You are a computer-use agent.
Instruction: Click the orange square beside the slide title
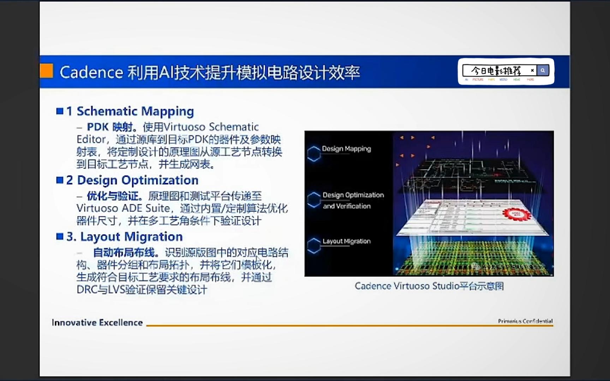46,71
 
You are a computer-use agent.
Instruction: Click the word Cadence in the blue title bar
91,73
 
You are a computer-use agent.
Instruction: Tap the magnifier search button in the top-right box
543,71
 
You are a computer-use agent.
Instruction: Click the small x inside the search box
532,71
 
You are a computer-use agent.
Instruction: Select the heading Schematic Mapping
135,111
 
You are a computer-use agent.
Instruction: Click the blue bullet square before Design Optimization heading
60,180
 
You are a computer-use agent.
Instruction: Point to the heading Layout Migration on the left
131,236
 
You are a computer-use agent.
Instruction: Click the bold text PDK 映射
110,127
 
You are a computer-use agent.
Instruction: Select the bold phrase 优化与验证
114,196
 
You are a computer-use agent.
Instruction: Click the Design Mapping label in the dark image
346,149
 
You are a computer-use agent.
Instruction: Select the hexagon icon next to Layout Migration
313,246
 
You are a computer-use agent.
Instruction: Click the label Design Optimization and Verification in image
353,200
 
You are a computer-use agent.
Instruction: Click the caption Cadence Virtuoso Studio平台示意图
429,286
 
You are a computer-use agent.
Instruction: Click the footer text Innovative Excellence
97,322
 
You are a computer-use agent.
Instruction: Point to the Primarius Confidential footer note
525,321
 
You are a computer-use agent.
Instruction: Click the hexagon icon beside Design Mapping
313,154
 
